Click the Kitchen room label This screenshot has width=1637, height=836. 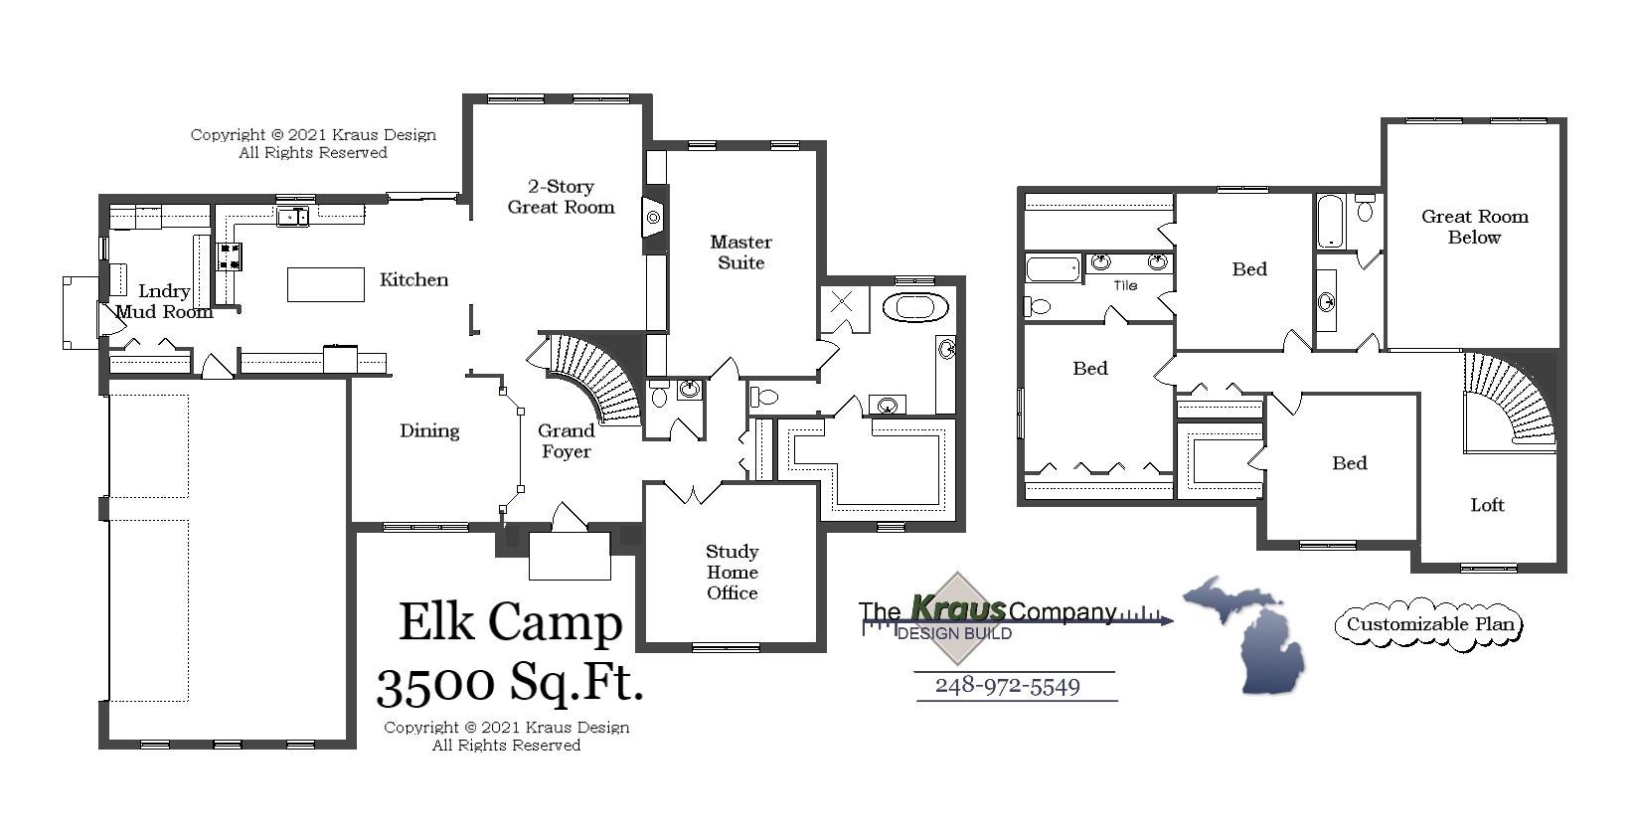[x=413, y=279]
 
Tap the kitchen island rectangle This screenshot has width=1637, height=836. [x=326, y=284]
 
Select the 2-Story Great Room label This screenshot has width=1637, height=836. [x=561, y=197]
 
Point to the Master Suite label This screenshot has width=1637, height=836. [x=740, y=252]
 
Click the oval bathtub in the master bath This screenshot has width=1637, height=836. [x=914, y=306]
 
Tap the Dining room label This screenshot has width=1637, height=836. [x=429, y=430]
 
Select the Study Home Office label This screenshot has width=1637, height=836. [x=733, y=572]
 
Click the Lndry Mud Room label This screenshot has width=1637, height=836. [x=164, y=301]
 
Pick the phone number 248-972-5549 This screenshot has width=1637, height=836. [x=1007, y=686]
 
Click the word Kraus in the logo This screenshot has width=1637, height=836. [x=958, y=607]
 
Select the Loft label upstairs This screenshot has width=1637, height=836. [x=1487, y=505]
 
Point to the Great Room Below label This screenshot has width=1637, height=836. [x=1474, y=227]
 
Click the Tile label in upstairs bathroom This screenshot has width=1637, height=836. [x=1124, y=285]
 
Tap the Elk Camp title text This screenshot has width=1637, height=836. [x=510, y=622]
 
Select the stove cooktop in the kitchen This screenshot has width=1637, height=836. [x=230, y=256]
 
